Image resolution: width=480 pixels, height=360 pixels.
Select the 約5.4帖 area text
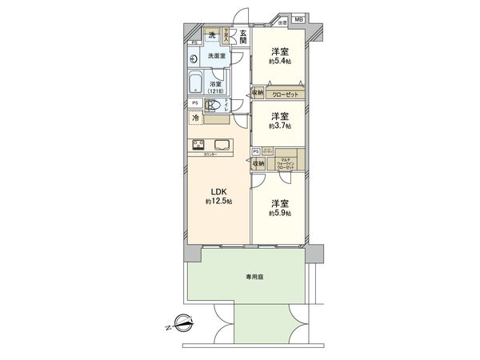coord(280,61)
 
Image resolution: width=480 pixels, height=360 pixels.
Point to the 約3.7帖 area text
coord(280,126)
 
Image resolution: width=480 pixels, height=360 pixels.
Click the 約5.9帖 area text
coord(280,214)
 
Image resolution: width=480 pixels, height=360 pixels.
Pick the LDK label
coord(218,190)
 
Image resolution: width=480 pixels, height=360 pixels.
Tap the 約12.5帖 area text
coord(218,202)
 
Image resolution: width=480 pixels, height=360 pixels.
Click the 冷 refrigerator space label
coord(196,118)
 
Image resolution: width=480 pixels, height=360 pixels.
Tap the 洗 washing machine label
coord(211,35)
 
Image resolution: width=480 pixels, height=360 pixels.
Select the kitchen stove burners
coord(198,144)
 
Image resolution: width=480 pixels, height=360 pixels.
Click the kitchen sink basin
coord(221,145)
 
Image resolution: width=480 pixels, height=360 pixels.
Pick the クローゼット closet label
coord(285,94)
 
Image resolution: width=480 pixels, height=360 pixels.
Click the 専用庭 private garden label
coord(254,277)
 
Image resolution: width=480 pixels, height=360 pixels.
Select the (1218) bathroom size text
coord(217,91)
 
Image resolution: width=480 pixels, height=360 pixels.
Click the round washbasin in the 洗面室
coord(194,58)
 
